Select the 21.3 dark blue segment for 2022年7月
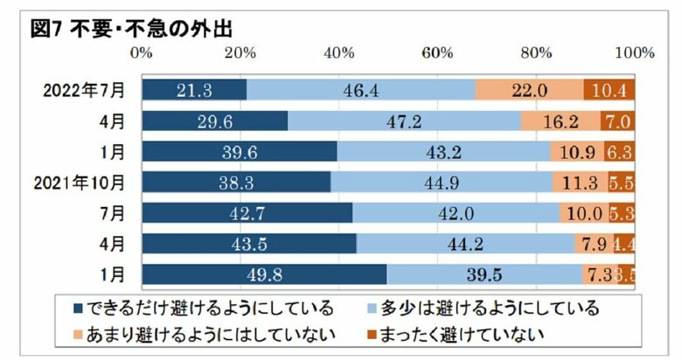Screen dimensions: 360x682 [x=194, y=90]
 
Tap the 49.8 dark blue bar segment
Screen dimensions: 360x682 [x=264, y=274]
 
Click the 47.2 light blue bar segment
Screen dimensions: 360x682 [x=404, y=121]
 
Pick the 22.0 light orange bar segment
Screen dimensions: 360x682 [x=529, y=90]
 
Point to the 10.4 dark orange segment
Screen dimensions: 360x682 [x=609, y=90]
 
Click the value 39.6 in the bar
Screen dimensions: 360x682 [x=239, y=151]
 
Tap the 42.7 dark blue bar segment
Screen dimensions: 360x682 [x=247, y=212]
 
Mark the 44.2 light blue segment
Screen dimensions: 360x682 [x=465, y=244]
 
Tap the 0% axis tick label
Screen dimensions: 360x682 [x=142, y=53]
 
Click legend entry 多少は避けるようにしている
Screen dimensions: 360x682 [x=483, y=308]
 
